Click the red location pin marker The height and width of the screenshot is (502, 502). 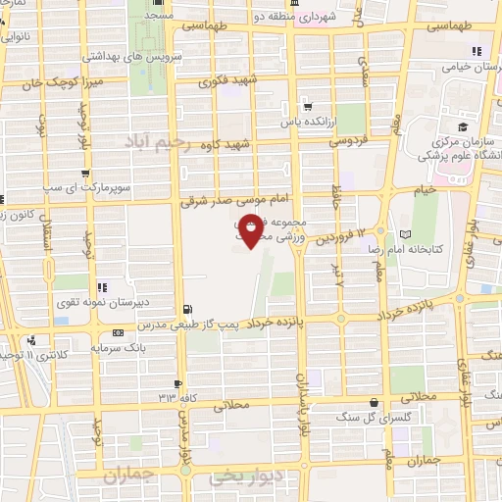(252, 231)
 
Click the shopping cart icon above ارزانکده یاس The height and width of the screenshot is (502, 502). (308, 107)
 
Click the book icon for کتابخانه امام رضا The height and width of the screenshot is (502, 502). (406, 234)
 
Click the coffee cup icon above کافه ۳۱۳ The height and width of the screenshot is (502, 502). (177, 382)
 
